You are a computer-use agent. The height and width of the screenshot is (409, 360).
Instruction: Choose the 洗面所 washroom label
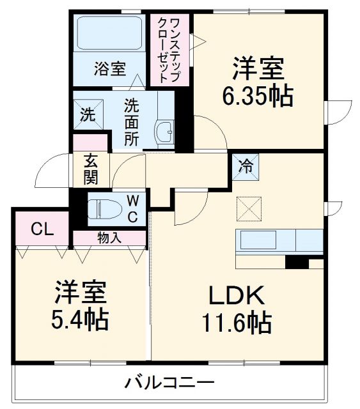click(131, 121)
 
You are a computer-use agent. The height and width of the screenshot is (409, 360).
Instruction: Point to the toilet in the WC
click(102, 208)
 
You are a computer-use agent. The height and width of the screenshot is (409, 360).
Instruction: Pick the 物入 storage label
click(108, 238)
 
